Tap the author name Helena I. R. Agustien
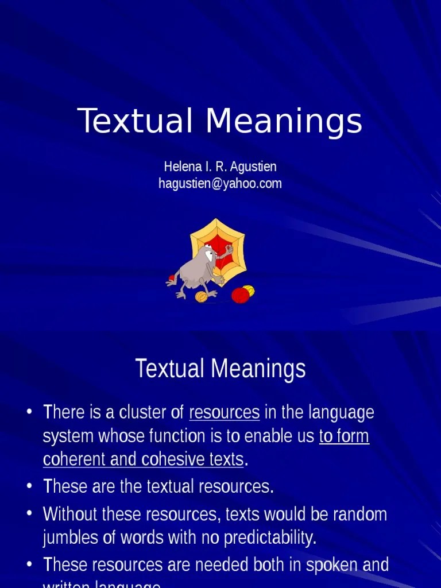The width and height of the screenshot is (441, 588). point(220,167)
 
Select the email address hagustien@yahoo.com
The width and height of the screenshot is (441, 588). point(220,184)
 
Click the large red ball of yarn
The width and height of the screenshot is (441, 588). point(240,295)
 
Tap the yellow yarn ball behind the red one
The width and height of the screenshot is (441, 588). point(249,289)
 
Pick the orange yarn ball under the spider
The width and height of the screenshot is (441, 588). point(201,297)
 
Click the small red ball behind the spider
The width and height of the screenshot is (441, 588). point(171,279)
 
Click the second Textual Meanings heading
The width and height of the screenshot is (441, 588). point(220,369)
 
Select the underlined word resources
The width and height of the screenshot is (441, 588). point(224,412)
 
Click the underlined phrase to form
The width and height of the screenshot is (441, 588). point(344,436)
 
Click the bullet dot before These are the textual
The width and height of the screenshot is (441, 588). point(29,487)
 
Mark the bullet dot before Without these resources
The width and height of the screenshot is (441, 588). point(29,514)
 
